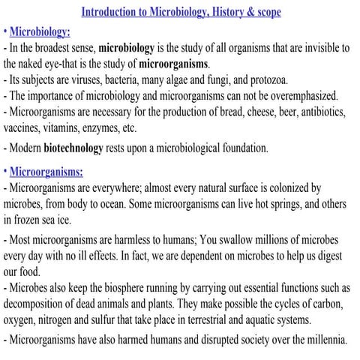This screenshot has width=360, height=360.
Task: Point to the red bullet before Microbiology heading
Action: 4,31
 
